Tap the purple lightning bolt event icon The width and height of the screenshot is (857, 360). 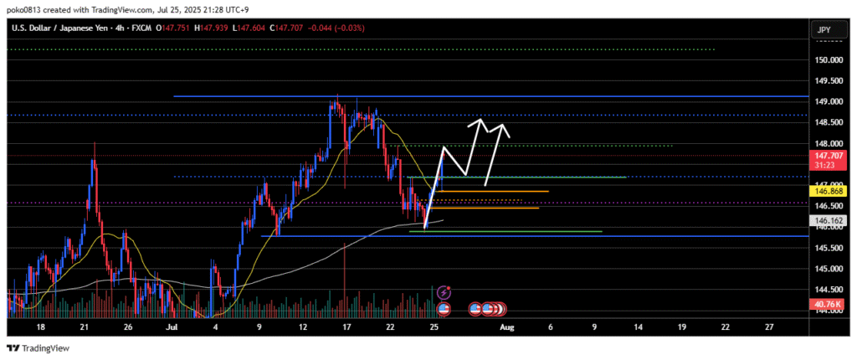tap(444, 293)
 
